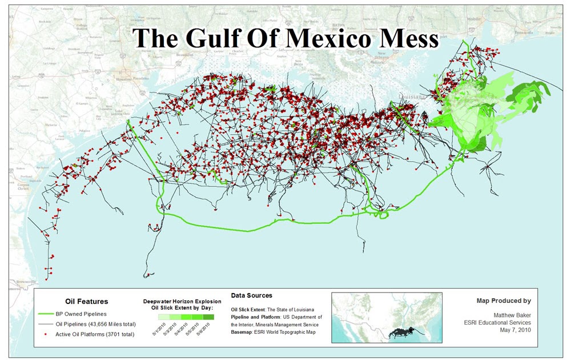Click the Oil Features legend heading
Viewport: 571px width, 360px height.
[84, 301]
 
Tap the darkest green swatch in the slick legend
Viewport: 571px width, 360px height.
[208, 316]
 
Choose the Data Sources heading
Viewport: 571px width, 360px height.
[251, 295]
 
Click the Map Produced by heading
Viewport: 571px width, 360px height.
[504, 301]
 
